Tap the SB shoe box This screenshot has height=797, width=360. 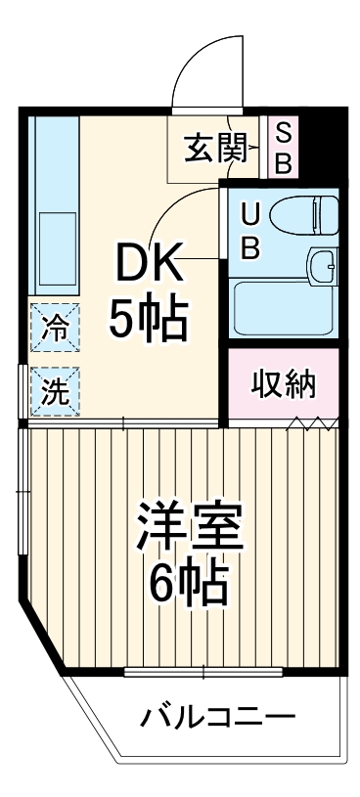coord(282,148)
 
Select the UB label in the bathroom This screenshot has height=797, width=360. coord(249,231)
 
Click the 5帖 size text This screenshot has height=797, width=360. coord(149,319)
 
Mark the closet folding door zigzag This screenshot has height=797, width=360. coord(313,423)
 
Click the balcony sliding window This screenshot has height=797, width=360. coord(203,672)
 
